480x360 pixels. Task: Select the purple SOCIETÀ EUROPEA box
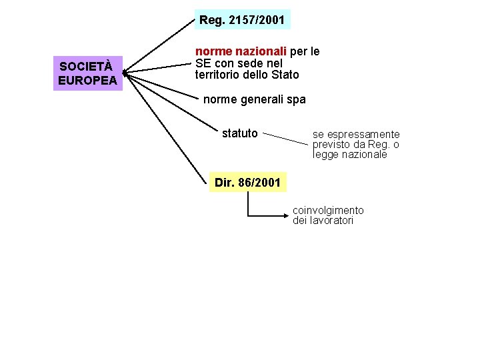pos(87,73)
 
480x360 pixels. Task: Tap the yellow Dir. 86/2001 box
pos(248,182)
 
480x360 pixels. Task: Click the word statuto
pos(239,133)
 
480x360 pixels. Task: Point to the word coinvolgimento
pos(328,211)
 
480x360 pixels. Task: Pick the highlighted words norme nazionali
pos(241,51)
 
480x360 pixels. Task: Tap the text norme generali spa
pos(254,99)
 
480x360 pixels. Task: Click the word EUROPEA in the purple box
pos(87,81)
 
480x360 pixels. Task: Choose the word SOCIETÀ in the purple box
pos(86,67)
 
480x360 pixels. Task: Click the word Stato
pos(285,75)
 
